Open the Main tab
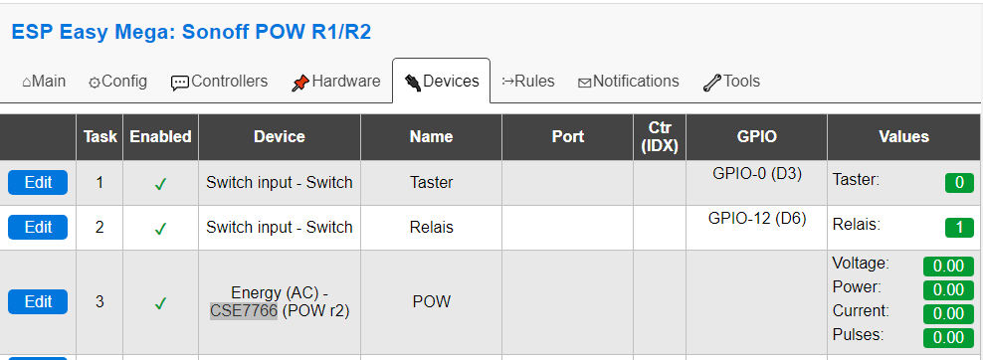click(44, 82)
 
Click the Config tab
click(117, 82)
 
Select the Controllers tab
click(219, 82)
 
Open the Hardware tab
click(335, 82)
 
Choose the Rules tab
click(527, 82)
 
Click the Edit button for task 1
click(38, 182)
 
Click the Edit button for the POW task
click(38, 301)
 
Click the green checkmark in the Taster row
click(160, 183)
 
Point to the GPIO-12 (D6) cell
click(756, 218)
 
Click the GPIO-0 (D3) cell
click(756, 173)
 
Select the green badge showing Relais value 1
click(958, 228)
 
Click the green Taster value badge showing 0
click(958, 183)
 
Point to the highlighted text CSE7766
click(243, 310)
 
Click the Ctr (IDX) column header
click(659, 136)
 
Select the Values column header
click(903, 136)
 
